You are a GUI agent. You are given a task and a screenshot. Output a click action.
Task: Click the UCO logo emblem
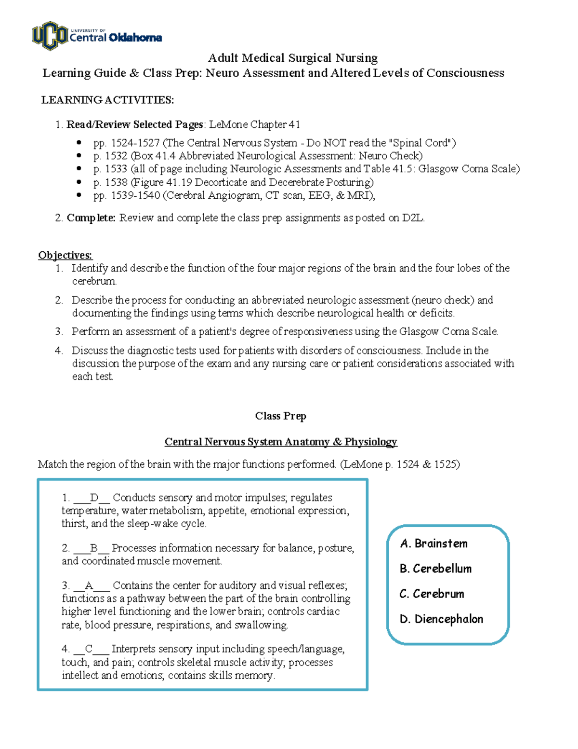coord(50,35)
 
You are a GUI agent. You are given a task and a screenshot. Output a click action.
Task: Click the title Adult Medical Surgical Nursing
coord(292,58)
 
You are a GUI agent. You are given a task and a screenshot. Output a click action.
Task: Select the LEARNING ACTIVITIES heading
coord(107,100)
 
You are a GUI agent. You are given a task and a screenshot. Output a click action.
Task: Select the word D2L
coord(413,218)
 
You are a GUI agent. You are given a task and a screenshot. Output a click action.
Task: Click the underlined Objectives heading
coord(65,255)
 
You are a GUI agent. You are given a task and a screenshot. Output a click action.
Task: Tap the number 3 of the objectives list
coord(58,331)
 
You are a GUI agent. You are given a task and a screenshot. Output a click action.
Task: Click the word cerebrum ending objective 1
coord(93,281)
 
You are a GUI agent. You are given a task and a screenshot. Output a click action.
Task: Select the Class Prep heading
coord(280,416)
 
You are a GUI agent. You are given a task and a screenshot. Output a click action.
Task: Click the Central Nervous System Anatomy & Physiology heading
coord(280,442)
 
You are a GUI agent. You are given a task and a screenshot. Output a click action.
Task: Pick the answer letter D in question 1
coord(94,498)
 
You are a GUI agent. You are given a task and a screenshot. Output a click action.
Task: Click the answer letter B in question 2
coord(93,548)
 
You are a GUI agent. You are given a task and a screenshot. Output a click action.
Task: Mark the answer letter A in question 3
coord(89,586)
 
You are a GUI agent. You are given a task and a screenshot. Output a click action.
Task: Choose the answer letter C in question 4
coord(89,649)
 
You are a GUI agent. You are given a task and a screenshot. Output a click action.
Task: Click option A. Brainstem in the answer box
coord(433,544)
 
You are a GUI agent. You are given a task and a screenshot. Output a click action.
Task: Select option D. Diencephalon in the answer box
coord(441,619)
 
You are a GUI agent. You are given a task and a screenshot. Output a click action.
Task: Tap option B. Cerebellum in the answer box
coord(435,569)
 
